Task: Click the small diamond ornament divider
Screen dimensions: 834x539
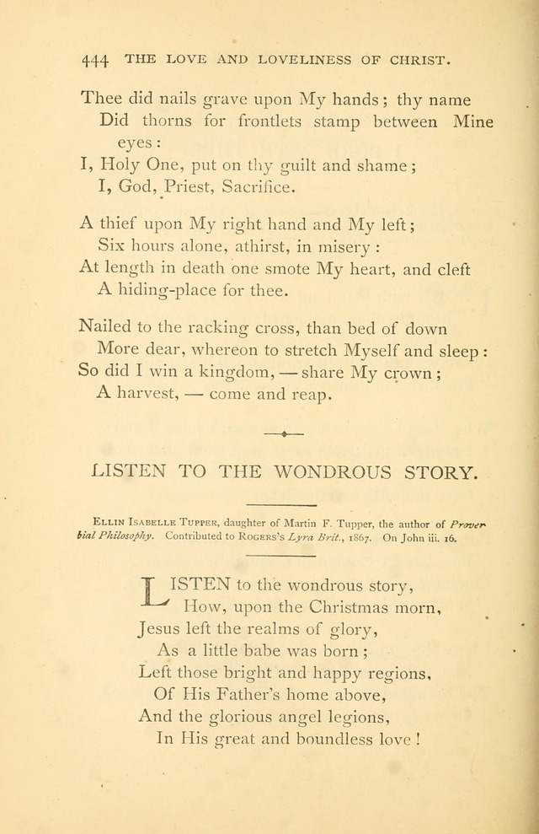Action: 284,433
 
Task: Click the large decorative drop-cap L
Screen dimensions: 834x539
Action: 155,590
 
